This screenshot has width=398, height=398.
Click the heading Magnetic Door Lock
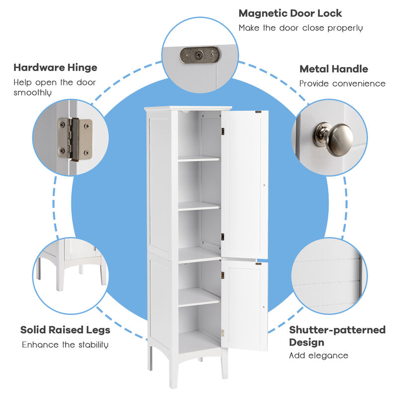click(290, 13)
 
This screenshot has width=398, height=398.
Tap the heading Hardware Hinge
click(55, 68)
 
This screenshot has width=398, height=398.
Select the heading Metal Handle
click(333, 69)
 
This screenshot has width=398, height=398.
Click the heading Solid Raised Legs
click(65, 330)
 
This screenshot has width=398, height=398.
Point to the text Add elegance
click(318, 355)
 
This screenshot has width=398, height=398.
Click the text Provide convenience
click(342, 84)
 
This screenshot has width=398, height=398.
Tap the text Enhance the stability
click(65, 344)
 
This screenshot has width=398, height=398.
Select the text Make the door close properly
click(300, 28)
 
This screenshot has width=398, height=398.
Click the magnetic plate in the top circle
click(199, 55)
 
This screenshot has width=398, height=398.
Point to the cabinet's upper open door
click(245, 184)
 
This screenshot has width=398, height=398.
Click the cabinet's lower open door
click(245, 304)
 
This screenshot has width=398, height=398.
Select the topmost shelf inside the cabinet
click(199, 159)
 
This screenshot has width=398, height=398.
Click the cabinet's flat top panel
click(188, 108)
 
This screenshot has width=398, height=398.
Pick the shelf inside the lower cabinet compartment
click(199, 297)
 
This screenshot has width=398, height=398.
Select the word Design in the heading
click(306, 342)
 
